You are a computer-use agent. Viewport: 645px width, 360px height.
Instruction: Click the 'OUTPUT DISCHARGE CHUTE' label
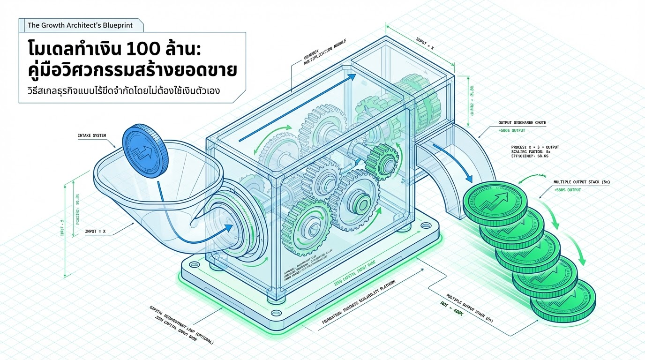(522, 123)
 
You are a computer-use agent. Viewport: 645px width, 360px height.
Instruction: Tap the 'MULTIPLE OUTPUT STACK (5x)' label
(584, 181)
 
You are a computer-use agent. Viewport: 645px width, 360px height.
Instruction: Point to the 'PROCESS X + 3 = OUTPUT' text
(535, 147)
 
